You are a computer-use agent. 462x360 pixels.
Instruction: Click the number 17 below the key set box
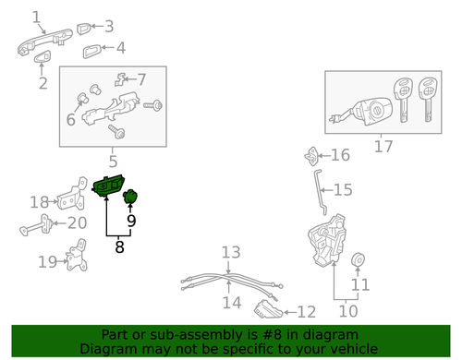click(383, 147)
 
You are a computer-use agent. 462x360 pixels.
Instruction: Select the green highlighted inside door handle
click(108, 186)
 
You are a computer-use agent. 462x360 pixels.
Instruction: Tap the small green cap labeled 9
click(130, 197)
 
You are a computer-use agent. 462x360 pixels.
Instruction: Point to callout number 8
click(119, 246)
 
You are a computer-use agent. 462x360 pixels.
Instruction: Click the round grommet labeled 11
click(359, 260)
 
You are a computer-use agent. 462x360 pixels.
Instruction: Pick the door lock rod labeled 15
click(319, 192)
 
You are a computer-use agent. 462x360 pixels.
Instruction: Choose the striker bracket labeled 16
click(310, 156)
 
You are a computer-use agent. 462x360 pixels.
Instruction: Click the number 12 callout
click(307, 312)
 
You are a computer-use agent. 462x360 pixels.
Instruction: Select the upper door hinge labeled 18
click(73, 195)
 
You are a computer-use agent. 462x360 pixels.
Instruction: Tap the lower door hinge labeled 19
click(77, 256)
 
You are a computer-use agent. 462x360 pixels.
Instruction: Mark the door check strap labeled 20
click(35, 225)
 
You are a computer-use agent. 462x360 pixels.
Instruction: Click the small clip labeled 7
click(120, 79)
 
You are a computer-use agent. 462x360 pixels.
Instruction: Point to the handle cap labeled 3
click(83, 29)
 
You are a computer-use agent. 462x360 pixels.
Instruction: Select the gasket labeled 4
click(91, 52)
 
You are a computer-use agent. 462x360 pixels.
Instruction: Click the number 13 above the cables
click(231, 252)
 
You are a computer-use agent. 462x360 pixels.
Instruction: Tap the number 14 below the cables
click(232, 303)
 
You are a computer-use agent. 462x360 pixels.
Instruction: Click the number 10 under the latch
click(348, 311)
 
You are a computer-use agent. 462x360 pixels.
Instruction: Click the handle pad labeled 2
click(43, 56)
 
